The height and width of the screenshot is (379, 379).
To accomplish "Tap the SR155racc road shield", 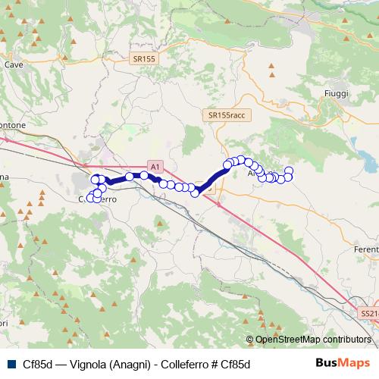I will [225, 114].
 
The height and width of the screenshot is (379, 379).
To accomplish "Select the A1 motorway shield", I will [155, 165].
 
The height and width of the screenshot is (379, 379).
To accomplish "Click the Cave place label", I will [14, 65].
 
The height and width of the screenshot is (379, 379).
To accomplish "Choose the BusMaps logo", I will [343, 363].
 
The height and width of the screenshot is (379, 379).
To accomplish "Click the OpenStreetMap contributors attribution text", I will [312, 340].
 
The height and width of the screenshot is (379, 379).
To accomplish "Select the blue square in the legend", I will [10, 364].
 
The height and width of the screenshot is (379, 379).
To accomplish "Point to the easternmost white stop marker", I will [289, 171].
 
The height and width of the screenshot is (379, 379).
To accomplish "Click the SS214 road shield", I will [368, 312].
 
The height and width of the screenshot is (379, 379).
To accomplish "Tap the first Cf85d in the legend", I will [38, 364].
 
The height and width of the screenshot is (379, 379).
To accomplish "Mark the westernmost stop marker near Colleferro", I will [90, 199].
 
